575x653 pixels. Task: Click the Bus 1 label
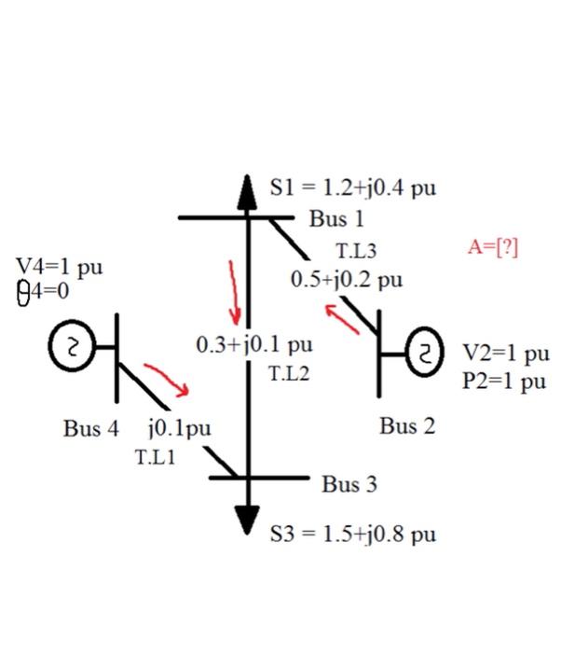pyautogui.click(x=336, y=220)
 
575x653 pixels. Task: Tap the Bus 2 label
pyautogui.click(x=407, y=426)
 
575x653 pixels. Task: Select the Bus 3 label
pyautogui.click(x=349, y=485)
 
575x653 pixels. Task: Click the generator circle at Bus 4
pyautogui.click(x=70, y=347)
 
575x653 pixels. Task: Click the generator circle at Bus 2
pyautogui.click(x=425, y=354)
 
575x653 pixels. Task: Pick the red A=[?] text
pyautogui.click(x=492, y=247)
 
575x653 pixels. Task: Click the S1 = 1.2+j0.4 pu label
pyautogui.click(x=353, y=188)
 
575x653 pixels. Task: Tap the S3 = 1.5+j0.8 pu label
pyautogui.click(x=353, y=535)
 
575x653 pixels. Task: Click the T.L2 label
pyautogui.click(x=288, y=374)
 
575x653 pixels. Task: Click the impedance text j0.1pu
pyautogui.click(x=179, y=429)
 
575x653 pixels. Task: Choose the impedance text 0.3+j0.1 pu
pyautogui.click(x=254, y=345)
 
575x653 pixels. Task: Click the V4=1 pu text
pyautogui.click(x=60, y=268)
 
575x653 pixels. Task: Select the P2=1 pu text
pyautogui.click(x=503, y=381)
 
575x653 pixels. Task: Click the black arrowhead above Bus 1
pyautogui.click(x=247, y=187)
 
